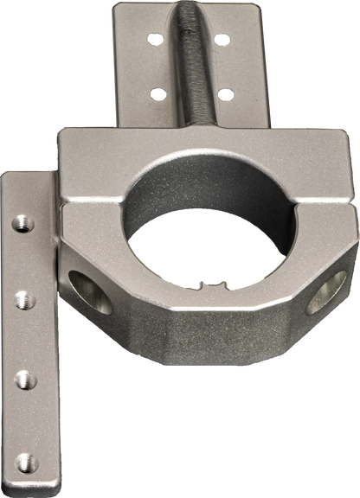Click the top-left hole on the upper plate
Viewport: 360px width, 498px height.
click(x=155, y=39)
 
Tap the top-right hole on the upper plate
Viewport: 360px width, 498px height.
click(x=222, y=39)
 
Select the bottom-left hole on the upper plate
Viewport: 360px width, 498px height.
click(x=157, y=93)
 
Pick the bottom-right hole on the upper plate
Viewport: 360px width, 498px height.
click(x=223, y=93)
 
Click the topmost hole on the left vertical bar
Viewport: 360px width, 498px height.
click(x=23, y=224)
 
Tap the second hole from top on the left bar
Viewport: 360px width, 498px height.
click(x=24, y=300)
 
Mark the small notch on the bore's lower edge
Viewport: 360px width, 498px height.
click(x=208, y=282)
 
